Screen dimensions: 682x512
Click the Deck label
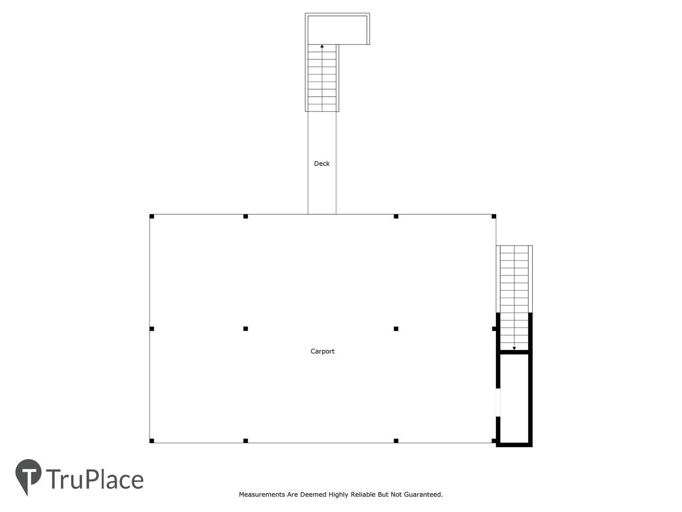point(322,164)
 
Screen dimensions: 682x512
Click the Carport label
point(322,351)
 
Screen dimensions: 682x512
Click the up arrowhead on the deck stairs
point(322,46)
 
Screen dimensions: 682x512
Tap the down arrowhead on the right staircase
point(514,348)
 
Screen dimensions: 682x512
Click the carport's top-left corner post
point(152,216)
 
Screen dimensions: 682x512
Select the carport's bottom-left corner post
point(152,440)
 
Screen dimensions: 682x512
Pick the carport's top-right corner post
point(494,216)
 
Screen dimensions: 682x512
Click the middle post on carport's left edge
point(152,329)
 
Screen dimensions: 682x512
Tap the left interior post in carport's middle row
point(245,329)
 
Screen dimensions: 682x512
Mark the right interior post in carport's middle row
point(396,329)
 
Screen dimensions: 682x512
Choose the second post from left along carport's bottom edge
point(245,440)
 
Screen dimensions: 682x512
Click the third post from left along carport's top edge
point(396,216)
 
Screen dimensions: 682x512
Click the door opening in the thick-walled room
point(498,402)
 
